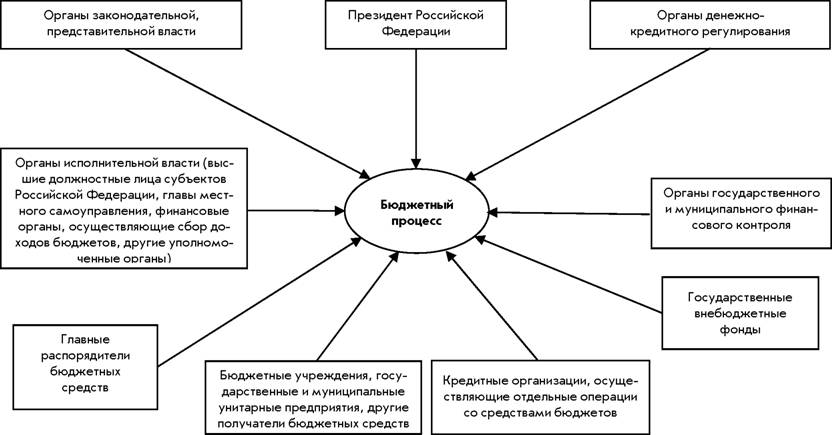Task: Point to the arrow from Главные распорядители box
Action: click(x=259, y=302)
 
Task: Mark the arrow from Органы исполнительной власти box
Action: click(x=296, y=211)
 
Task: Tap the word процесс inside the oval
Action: click(x=416, y=221)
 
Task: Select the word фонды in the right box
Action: click(x=740, y=329)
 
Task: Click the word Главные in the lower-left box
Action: click(x=85, y=340)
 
